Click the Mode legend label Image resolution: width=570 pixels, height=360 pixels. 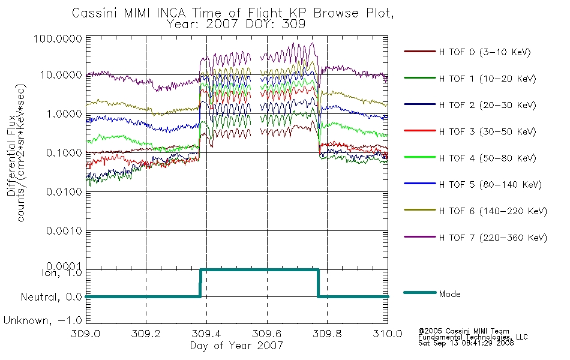point(451,294)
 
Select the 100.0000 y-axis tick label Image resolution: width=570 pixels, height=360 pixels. point(59,38)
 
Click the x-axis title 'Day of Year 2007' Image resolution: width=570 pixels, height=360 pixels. point(236,346)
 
